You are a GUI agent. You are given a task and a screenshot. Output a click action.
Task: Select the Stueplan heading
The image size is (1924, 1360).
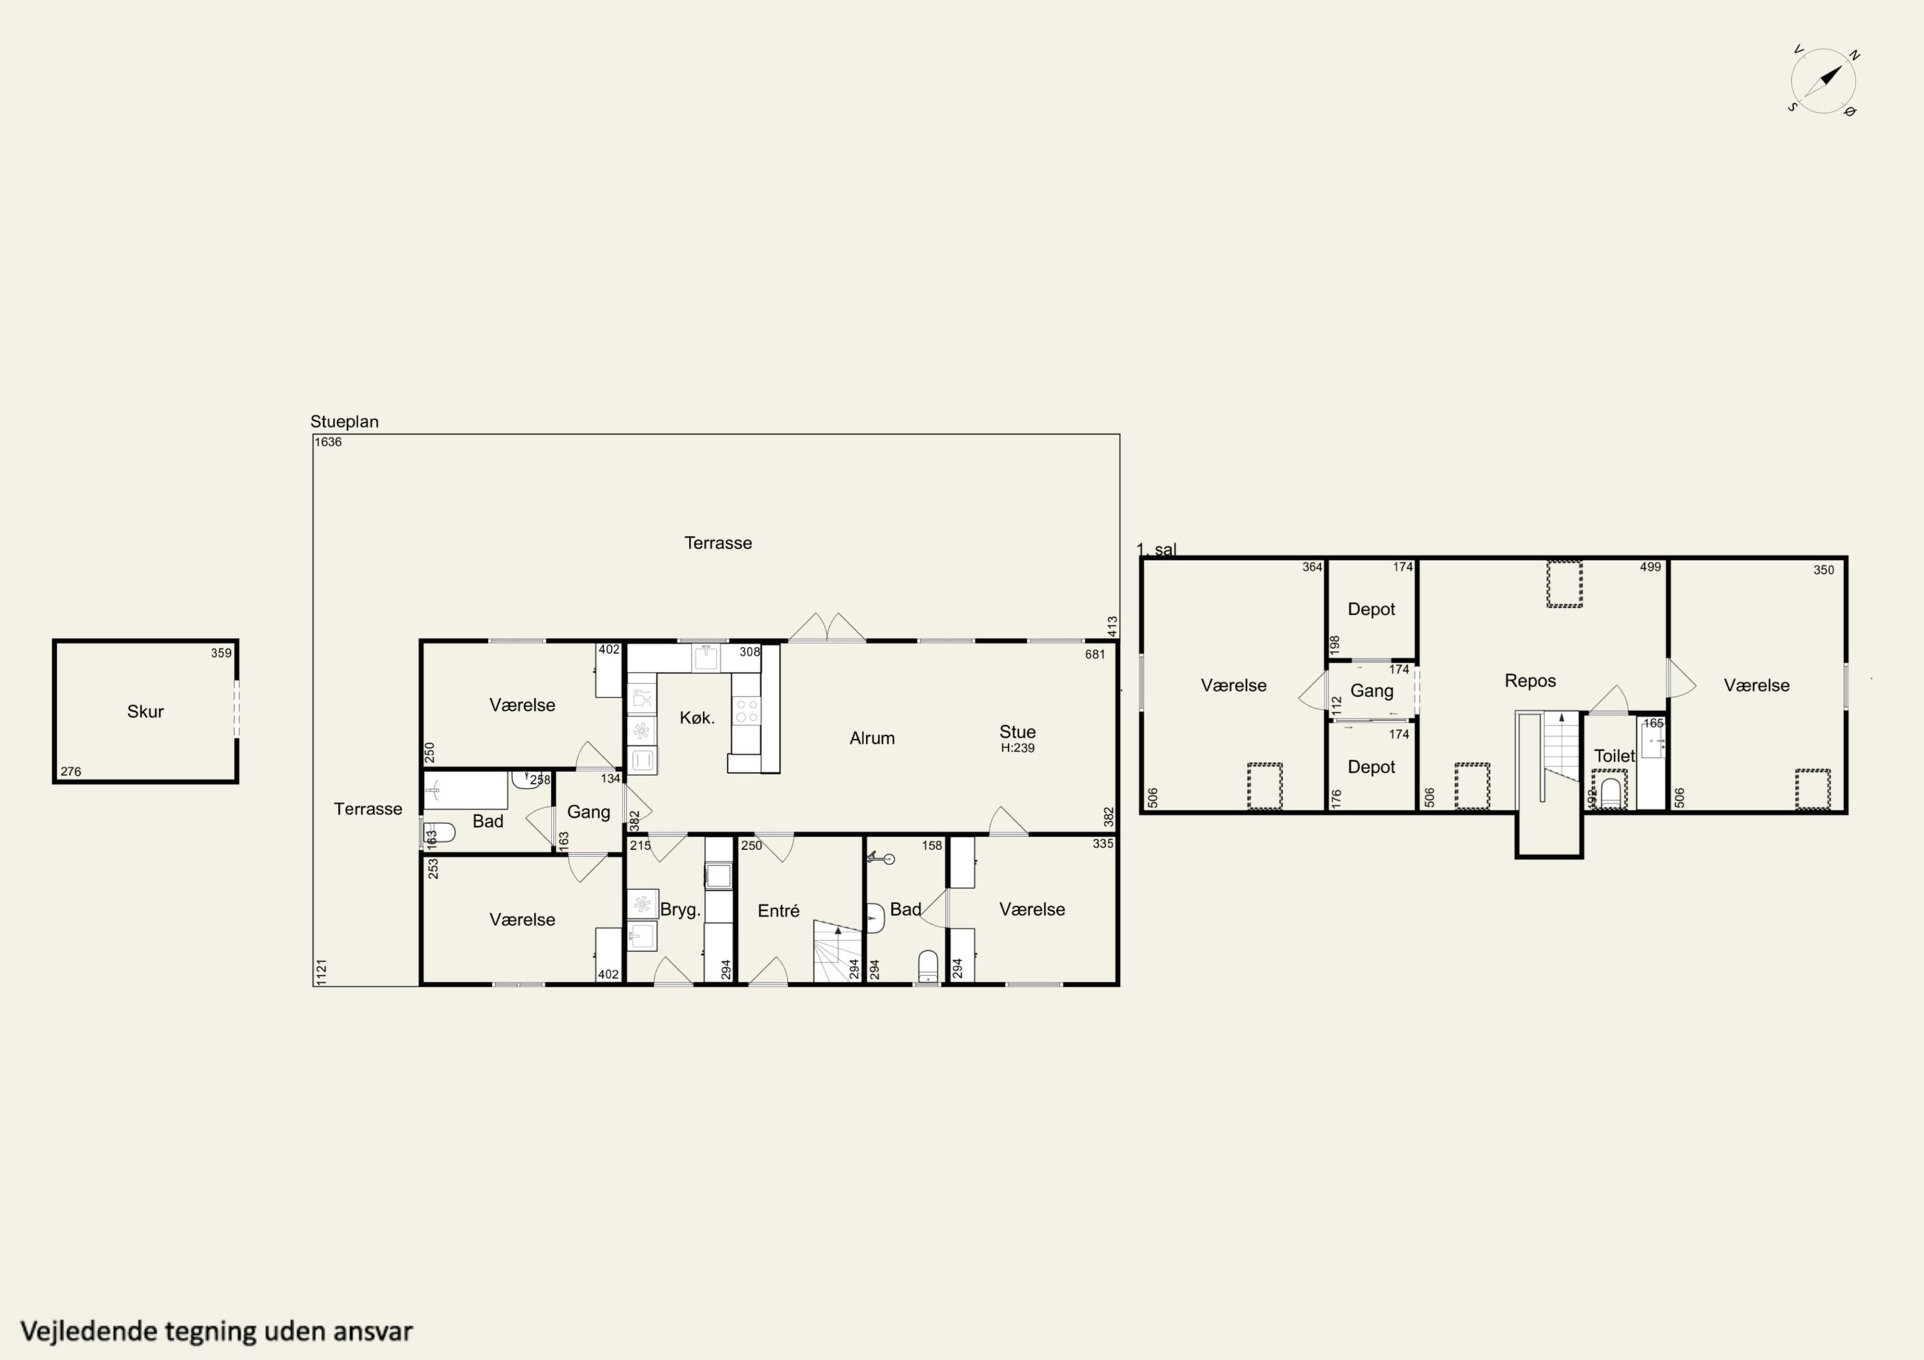pyautogui.click(x=344, y=421)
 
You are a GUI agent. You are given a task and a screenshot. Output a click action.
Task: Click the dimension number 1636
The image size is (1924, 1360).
pyautogui.click(x=329, y=441)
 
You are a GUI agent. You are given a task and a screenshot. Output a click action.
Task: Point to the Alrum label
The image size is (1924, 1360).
pyautogui.click(x=873, y=738)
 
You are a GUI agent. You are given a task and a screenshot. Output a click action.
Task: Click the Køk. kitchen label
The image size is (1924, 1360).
pyautogui.click(x=697, y=718)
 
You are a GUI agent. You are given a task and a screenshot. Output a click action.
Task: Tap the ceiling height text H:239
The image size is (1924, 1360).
pyautogui.click(x=1018, y=747)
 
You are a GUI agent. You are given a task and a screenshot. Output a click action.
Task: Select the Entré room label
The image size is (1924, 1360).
pyautogui.click(x=778, y=911)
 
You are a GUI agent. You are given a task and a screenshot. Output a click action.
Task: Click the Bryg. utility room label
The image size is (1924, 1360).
pyautogui.click(x=681, y=910)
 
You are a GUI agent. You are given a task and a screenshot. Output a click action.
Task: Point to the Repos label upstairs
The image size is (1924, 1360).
pyautogui.click(x=1530, y=680)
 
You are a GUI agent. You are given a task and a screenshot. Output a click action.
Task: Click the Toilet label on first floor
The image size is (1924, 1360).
pyautogui.click(x=1614, y=756)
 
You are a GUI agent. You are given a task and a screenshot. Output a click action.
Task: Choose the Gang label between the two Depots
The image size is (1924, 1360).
pyautogui.click(x=1372, y=692)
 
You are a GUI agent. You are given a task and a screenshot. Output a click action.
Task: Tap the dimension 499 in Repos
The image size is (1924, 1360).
pyautogui.click(x=1650, y=567)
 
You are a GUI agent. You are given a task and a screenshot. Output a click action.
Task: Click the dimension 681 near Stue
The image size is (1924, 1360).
pyautogui.click(x=1095, y=655)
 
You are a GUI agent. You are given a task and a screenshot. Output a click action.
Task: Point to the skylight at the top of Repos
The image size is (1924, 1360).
pyautogui.click(x=1564, y=584)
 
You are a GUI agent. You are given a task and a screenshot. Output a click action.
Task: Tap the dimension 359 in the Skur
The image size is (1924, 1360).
pyautogui.click(x=221, y=653)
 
